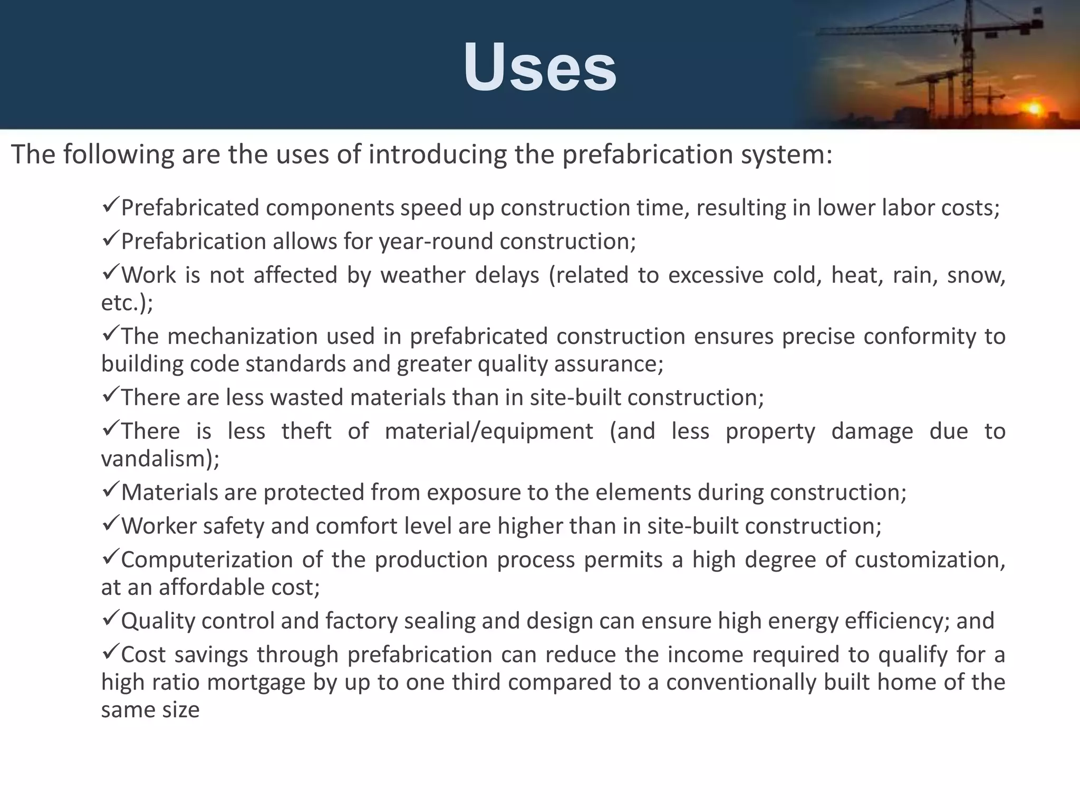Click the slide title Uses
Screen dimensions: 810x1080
click(x=539, y=67)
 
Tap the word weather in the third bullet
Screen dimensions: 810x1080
click(x=423, y=275)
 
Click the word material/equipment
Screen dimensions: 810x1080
click(x=489, y=431)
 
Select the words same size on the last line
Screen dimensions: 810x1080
click(x=150, y=710)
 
